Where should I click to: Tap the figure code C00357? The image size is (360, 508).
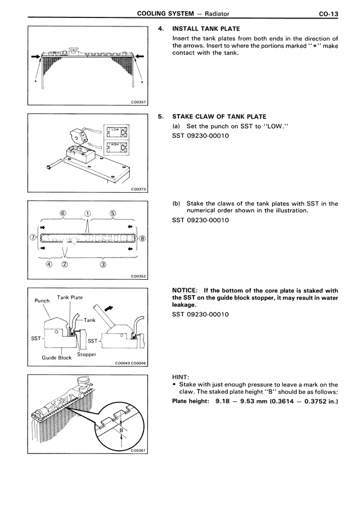pyautogui.click(x=138, y=101)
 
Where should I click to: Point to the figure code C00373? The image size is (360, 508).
pyautogui.click(x=138, y=189)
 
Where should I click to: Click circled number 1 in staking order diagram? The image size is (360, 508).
pyautogui.click(x=87, y=214)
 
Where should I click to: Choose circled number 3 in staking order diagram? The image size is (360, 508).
pyautogui.click(x=103, y=264)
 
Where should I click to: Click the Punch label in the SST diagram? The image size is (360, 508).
pyautogui.click(x=43, y=301)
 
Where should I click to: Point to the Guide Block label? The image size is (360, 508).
pyautogui.click(x=57, y=357)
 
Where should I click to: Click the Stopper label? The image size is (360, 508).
pyautogui.click(x=87, y=355)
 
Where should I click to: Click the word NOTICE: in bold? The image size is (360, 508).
pyautogui.click(x=186, y=291)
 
